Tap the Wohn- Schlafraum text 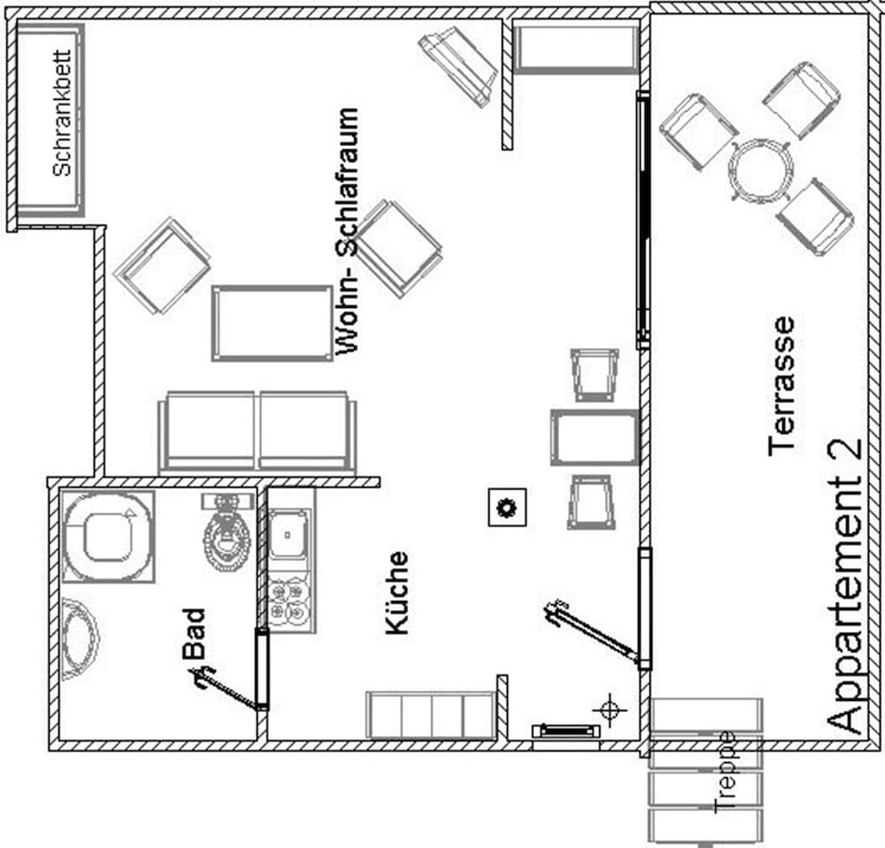tap(349, 232)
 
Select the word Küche tap(397, 592)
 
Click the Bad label tap(194, 632)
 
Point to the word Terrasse tap(782, 387)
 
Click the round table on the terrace tap(759, 170)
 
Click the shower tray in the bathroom tap(108, 536)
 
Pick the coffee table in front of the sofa tap(272, 323)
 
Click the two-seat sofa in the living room tap(257, 432)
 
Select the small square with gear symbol tap(507, 508)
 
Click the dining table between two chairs tap(594, 437)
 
